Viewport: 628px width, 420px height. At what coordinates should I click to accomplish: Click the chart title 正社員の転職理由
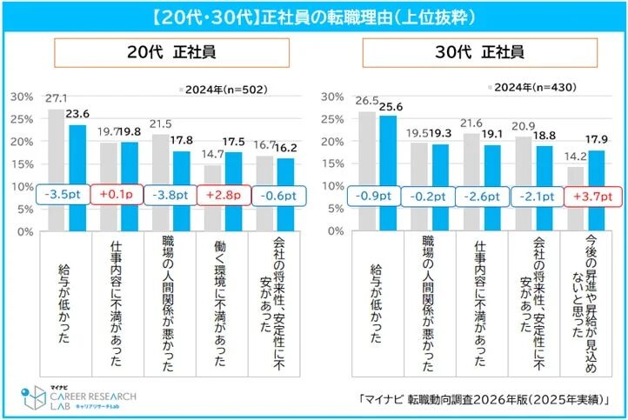coord(314,15)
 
